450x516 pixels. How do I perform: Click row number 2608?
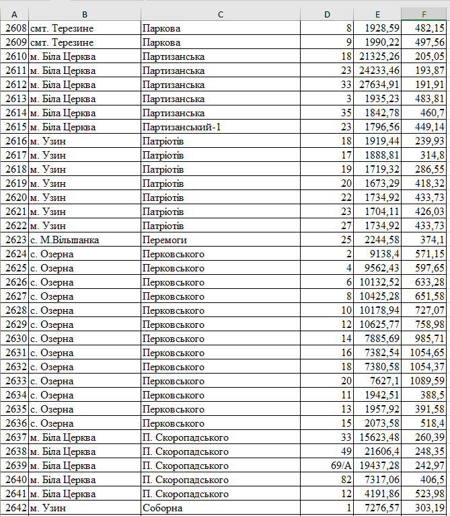tap(15, 28)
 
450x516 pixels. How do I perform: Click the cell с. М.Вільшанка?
tap(65, 240)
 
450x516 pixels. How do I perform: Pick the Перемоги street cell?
tap(165, 240)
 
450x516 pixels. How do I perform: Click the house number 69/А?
tap(341, 466)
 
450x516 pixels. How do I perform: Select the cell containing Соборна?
tap(163, 508)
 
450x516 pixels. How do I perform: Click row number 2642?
tap(15, 508)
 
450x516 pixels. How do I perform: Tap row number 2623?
tap(15, 240)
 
